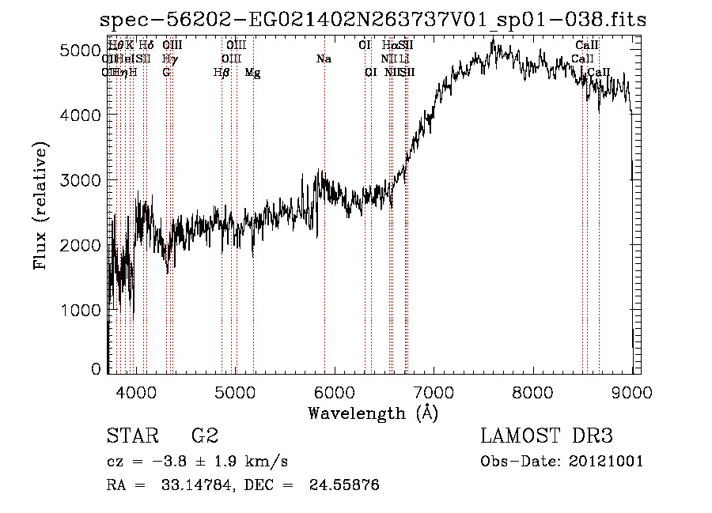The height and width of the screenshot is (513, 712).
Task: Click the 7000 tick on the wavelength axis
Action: [434, 391]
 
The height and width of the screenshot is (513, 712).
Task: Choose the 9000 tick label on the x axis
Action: [631, 391]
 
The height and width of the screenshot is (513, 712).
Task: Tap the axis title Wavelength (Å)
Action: [373, 413]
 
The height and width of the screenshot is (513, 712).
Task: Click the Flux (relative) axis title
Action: [40, 206]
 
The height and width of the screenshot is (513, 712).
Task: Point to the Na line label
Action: [323, 59]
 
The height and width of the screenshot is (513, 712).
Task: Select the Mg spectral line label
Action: [252, 73]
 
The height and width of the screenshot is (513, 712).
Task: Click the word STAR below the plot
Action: [131, 436]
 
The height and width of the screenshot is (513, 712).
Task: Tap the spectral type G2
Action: [204, 436]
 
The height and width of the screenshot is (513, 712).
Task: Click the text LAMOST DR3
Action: [547, 436]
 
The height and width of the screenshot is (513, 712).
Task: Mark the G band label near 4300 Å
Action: [166, 73]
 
